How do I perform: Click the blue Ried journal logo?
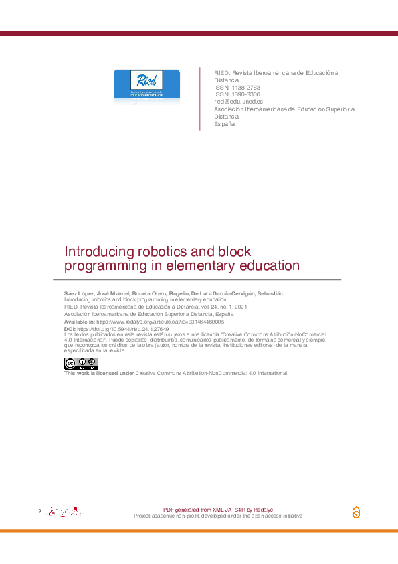click(146, 85)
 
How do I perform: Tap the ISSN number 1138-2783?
click(240, 88)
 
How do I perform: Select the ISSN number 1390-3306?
click(240, 94)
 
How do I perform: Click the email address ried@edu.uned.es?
click(237, 102)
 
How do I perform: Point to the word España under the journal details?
click(224, 124)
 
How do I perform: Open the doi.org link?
click(123, 330)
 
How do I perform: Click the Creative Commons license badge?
click(81, 364)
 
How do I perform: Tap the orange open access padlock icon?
click(356, 512)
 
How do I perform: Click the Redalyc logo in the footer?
click(62, 512)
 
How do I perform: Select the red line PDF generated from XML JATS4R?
click(217, 510)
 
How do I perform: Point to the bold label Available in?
click(80, 322)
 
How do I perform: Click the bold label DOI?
click(70, 330)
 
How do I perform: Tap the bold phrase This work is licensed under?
click(99, 373)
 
